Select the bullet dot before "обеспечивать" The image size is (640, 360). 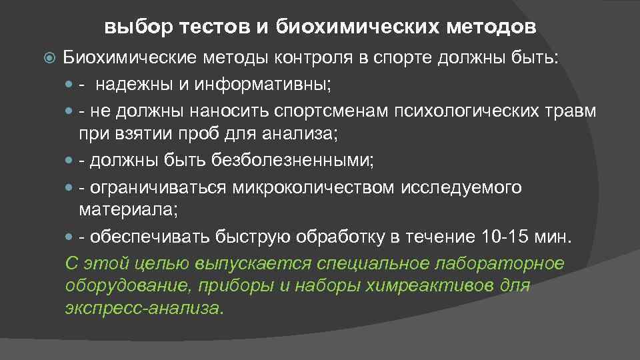[x=71, y=237]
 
